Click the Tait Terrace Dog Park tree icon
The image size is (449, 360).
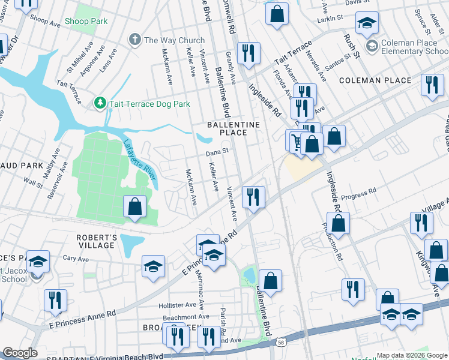tap(100, 104)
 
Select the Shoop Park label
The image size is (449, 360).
tap(87, 21)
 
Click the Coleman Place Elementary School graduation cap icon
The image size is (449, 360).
tap(372, 46)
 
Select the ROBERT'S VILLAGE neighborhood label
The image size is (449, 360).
tap(96, 241)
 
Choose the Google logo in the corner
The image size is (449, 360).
tap(20, 353)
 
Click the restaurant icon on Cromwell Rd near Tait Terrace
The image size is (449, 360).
tap(247, 53)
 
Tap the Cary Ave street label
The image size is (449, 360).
tap(76, 259)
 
